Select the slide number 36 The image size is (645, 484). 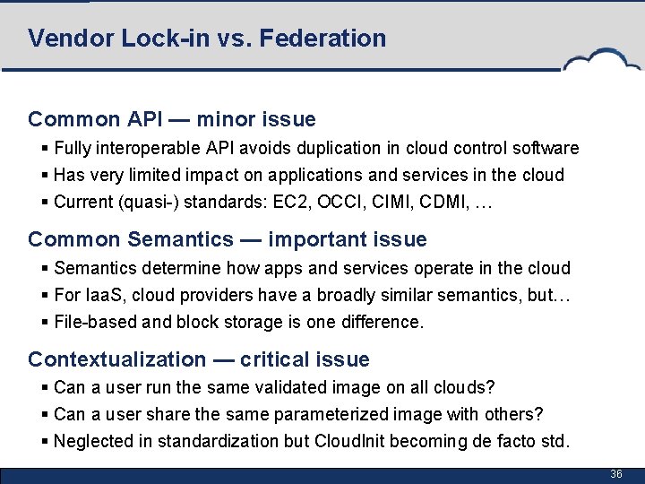616,473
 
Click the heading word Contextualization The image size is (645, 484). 117,359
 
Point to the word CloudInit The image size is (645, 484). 350,441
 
